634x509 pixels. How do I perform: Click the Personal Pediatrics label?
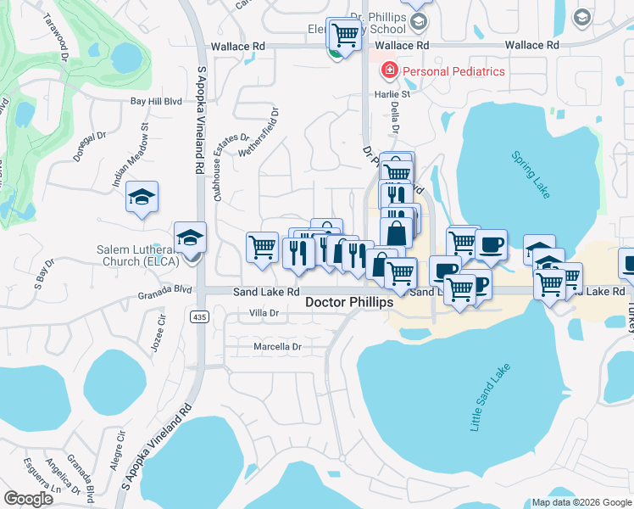453,71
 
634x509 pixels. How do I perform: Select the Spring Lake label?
530,175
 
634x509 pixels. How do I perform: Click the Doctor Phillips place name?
349,302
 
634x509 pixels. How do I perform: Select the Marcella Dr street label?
278,347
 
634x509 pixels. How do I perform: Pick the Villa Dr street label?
264,312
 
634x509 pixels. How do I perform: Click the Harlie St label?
392,94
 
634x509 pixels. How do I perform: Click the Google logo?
28,499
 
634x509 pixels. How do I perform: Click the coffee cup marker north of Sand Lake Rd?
491,245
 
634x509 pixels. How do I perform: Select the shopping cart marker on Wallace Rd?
344,34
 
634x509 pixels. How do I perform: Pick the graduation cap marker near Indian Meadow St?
142,199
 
